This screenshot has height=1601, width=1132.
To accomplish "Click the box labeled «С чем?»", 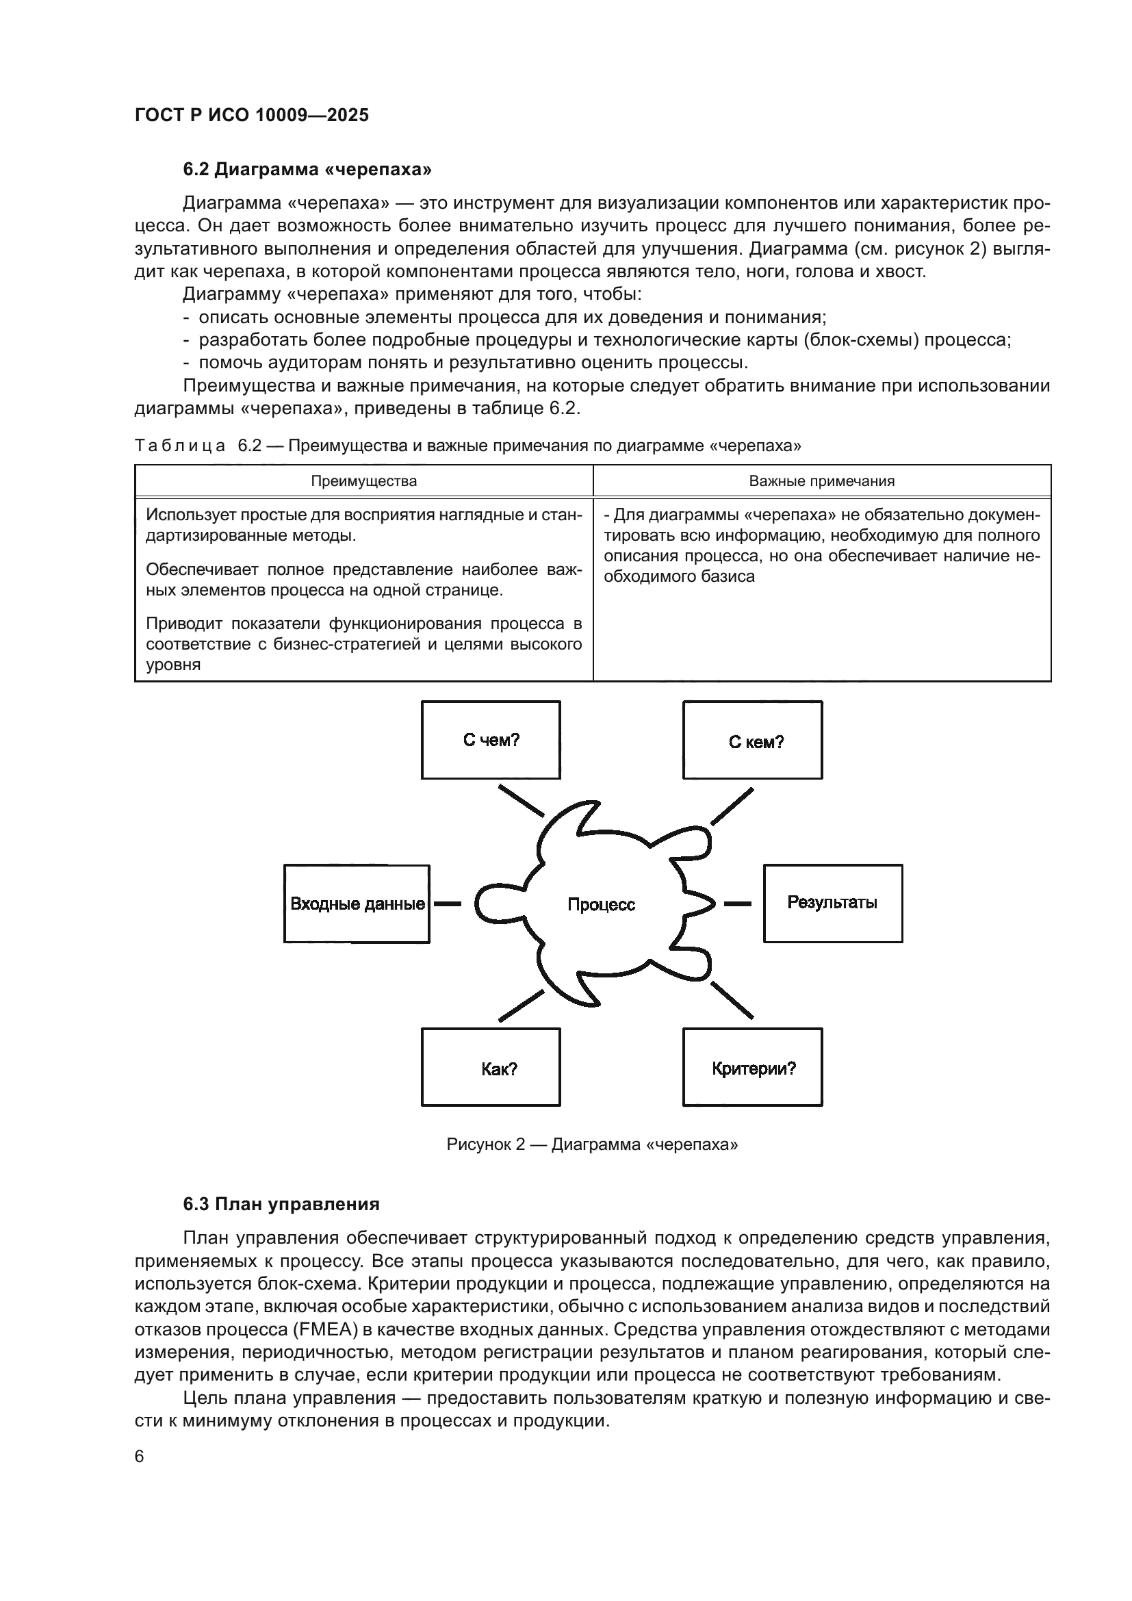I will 491,740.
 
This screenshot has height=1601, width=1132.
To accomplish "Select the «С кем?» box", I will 752,740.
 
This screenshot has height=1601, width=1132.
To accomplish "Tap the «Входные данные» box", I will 356,904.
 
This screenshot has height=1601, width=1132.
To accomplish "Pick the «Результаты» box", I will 832,903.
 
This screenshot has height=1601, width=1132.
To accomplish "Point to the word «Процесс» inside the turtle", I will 601,904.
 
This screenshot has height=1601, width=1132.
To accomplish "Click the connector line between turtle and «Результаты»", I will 738,904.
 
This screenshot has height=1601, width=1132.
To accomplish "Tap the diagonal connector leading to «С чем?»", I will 521,801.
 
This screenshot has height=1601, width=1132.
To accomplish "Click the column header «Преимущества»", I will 363,481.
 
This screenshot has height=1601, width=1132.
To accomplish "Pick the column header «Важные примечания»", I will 821,481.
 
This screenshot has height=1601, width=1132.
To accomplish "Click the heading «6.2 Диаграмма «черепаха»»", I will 307,170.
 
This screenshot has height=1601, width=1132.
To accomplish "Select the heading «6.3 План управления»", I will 281,1204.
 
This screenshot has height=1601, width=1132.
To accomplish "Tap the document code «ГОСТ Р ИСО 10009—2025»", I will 252,115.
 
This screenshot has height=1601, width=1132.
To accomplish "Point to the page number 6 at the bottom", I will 140,1457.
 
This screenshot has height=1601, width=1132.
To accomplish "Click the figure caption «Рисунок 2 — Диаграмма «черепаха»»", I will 592,1144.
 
